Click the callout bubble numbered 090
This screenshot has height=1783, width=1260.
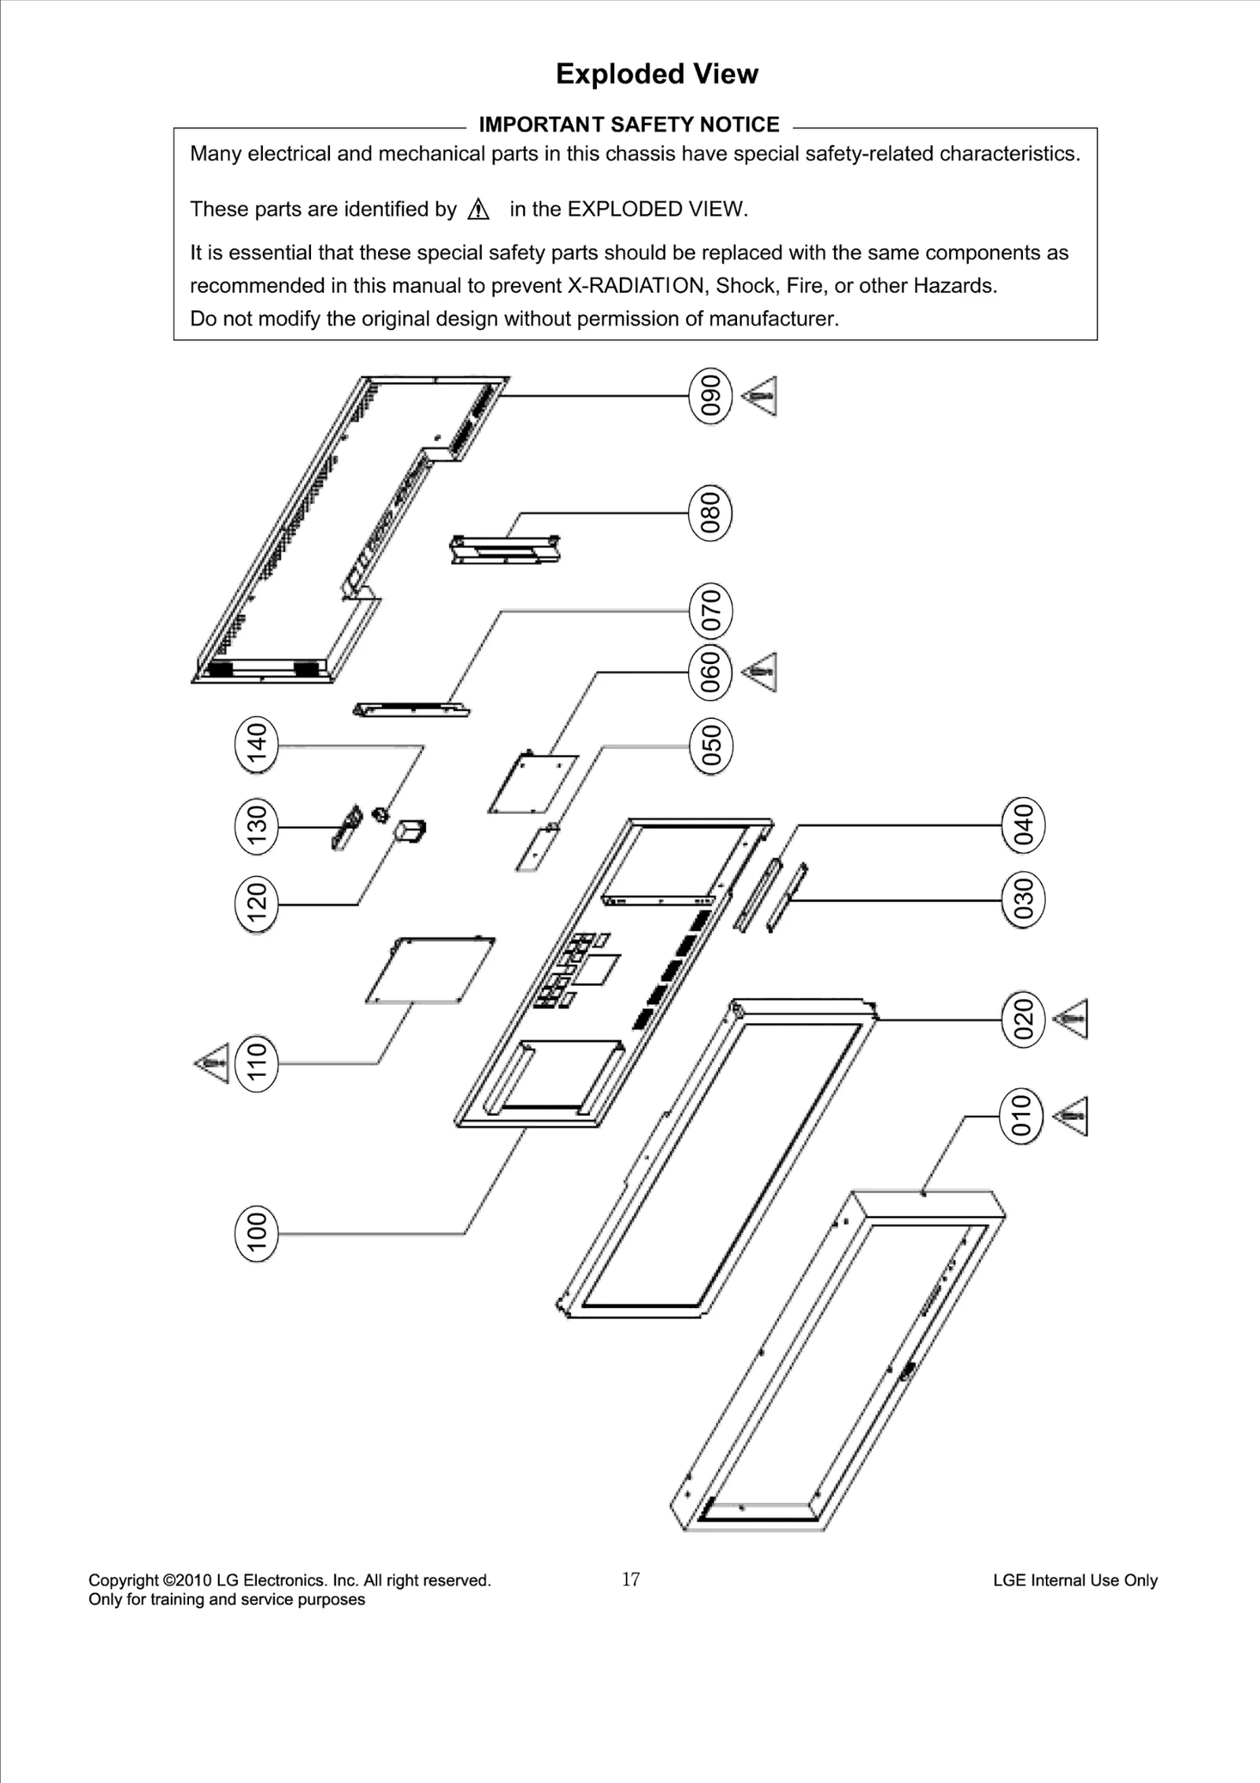(x=710, y=395)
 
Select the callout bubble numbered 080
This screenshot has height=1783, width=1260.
(x=710, y=513)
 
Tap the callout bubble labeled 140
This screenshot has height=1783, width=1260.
(x=257, y=744)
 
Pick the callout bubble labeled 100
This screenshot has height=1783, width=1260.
(x=257, y=1233)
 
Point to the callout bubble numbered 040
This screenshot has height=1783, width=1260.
(x=1023, y=825)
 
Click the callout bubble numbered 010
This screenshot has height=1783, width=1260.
(x=1021, y=1116)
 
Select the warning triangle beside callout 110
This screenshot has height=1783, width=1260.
(x=213, y=1063)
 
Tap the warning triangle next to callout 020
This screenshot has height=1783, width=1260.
(x=1072, y=1019)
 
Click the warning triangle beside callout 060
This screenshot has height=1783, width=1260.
(x=761, y=672)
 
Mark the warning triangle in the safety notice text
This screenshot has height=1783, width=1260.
(x=478, y=209)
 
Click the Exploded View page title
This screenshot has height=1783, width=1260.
(x=657, y=74)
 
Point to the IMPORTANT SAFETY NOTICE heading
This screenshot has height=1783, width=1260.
(x=628, y=124)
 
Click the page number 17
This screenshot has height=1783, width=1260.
(x=631, y=1579)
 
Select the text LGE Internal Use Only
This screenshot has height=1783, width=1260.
(x=1075, y=1581)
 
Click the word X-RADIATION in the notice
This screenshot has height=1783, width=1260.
(x=635, y=286)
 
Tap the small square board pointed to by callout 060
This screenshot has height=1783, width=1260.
(x=533, y=784)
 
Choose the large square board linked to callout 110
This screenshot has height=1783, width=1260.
(x=430, y=969)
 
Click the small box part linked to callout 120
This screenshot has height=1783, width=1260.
(x=411, y=831)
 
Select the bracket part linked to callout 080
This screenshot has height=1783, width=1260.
(x=506, y=549)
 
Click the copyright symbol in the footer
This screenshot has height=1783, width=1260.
(x=169, y=1581)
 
